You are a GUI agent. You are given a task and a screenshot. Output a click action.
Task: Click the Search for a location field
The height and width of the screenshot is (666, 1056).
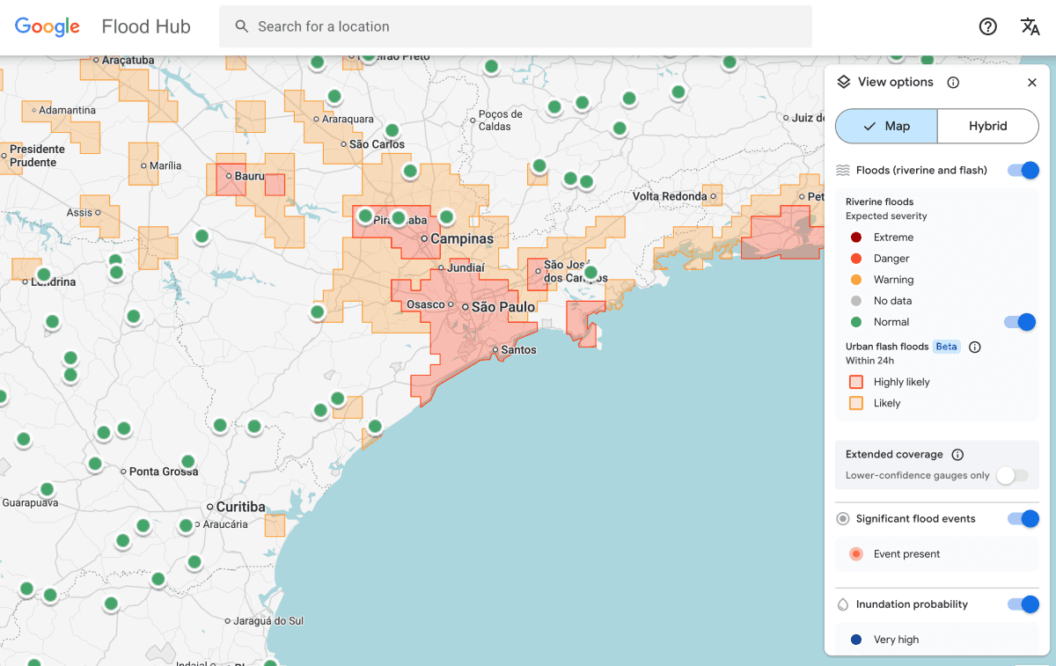515,26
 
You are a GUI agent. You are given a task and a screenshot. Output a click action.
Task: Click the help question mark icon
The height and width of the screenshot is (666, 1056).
987,26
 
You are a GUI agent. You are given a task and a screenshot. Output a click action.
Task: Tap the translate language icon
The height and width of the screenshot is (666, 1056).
1030,26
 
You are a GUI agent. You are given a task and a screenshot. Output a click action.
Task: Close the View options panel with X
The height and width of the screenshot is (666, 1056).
1032,82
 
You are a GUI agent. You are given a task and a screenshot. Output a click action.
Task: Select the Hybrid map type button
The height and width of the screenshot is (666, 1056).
987,126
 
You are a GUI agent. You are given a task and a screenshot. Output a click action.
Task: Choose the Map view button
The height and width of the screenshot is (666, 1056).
886,126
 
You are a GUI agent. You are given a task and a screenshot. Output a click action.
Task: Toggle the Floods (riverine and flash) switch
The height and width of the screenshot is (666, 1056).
1023,170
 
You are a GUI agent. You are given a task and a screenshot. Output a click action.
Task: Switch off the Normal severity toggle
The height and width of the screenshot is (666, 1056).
1020,322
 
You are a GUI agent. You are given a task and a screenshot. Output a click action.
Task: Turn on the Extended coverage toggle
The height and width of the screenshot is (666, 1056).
1012,475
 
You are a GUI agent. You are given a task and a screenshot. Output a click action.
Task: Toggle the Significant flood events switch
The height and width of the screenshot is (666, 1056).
1023,518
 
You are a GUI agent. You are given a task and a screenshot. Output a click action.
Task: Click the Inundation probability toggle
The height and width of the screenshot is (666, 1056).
1023,604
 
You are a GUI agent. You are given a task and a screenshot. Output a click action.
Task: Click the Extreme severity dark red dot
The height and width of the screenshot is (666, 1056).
856,238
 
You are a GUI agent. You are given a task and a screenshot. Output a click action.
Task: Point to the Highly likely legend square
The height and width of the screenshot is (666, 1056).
856,382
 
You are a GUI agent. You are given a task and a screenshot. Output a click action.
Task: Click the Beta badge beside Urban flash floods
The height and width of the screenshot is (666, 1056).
946,347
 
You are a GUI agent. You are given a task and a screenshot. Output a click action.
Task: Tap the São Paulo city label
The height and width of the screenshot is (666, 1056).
503,307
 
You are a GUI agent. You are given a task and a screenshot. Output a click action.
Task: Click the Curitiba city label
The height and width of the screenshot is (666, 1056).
240,507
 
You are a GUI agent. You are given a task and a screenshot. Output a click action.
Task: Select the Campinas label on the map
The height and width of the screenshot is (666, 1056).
462,238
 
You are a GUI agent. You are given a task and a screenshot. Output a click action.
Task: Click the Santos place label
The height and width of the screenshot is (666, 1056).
518,350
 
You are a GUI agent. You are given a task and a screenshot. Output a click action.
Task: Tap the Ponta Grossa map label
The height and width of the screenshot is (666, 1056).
163,472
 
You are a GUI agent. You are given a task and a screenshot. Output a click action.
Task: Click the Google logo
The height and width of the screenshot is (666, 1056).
48,26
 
